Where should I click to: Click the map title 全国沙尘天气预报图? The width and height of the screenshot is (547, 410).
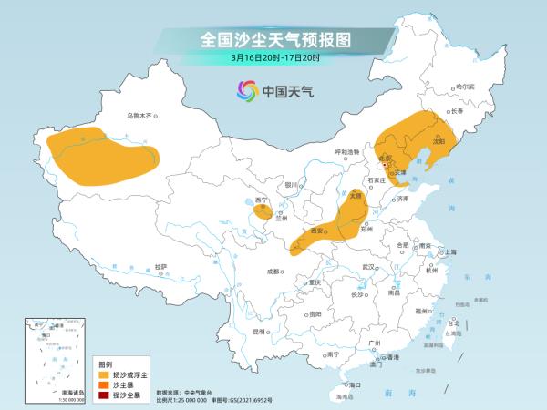point(274,40)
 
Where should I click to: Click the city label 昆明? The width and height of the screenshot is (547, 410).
point(262,331)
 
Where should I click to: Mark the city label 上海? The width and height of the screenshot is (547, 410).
point(449,251)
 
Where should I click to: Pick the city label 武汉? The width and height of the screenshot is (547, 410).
point(369,266)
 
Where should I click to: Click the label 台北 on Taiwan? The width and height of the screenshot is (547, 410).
point(452,323)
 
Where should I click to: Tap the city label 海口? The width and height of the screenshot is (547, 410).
point(356,385)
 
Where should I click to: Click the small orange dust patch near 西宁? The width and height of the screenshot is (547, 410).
point(262,213)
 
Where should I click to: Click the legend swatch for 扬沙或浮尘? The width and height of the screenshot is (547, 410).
point(105,374)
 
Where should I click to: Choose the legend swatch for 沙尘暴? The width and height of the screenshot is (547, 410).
point(105,384)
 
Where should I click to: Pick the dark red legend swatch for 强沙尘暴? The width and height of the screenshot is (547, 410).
point(105,395)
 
